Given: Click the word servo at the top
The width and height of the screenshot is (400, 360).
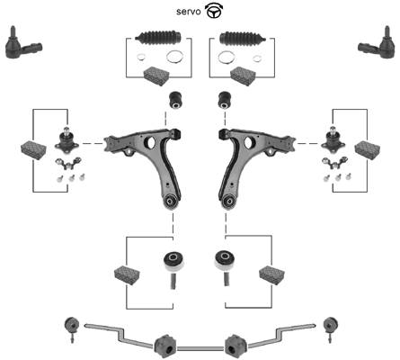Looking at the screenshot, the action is click(x=189, y=12).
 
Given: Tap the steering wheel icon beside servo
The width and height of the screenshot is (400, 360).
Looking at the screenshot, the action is click(x=213, y=11).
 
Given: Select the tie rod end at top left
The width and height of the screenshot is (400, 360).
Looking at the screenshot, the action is click(x=23, y=43).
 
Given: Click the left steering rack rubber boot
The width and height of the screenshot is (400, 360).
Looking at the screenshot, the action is click(x=158, y=38).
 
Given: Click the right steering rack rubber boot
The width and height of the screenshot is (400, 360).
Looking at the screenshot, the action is click(x=243, y=39).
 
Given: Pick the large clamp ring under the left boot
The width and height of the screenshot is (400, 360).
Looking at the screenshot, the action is click(x=175, y=57).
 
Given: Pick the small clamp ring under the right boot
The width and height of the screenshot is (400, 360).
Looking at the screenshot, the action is click(x=257, y=58).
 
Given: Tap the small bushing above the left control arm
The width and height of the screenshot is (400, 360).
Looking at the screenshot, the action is click(x=176, y=100).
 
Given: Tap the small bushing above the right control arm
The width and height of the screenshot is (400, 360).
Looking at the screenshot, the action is click(x=225, y=100).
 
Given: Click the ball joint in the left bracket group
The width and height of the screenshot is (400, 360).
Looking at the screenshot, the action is click(x=67, y=139).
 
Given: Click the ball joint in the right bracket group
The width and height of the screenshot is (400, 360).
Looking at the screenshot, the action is click(x=333, y=139).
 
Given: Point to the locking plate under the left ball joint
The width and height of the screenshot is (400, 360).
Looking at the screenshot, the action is click(x=68, y=163).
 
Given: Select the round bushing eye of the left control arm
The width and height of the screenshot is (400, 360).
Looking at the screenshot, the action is click(x=171, y=201).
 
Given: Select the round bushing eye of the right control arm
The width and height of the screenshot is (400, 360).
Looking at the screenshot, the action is click(x=229, y=201).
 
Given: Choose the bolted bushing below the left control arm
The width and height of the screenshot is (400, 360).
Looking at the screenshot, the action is click(x=173, y=268).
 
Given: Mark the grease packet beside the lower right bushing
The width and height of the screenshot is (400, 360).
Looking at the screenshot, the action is click(x=271, y=274).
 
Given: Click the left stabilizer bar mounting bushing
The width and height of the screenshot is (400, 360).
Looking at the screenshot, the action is click(x=164, y=346).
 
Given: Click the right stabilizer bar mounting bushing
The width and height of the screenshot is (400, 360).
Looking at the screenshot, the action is click(x=236, y=346).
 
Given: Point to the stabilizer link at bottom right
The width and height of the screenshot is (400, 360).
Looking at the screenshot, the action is click(x=331, y=328).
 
